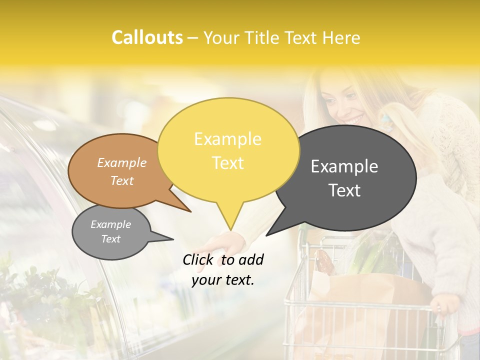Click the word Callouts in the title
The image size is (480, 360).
point(147,38)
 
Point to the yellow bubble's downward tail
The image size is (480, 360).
point(229,220)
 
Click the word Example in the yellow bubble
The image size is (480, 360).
point(227,139)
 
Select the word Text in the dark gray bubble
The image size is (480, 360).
point(344,190)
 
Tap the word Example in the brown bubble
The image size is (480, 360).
point(121,163)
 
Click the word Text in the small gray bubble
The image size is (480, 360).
point(110,239)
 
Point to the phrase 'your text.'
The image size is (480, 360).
point(223,280)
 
